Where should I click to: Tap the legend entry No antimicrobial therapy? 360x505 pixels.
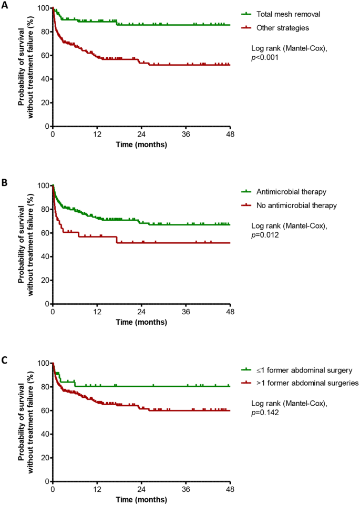(296, 205)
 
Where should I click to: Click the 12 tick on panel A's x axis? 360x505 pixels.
(97, 135)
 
